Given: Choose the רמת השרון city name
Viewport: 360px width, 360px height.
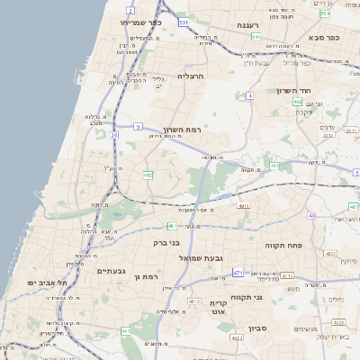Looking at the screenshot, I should pos(182,130).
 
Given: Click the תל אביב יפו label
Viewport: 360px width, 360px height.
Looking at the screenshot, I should pos(35,283).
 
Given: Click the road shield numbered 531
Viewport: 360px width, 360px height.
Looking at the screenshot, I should pos(209,20).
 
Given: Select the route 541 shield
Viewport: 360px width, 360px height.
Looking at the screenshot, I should pos(256,37).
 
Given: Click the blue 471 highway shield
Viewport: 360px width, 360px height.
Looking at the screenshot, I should pos(238,273).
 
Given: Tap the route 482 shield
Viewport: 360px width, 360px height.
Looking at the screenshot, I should pos(148,175).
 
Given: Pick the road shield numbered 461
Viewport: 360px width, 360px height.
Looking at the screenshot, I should pos(126,332).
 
